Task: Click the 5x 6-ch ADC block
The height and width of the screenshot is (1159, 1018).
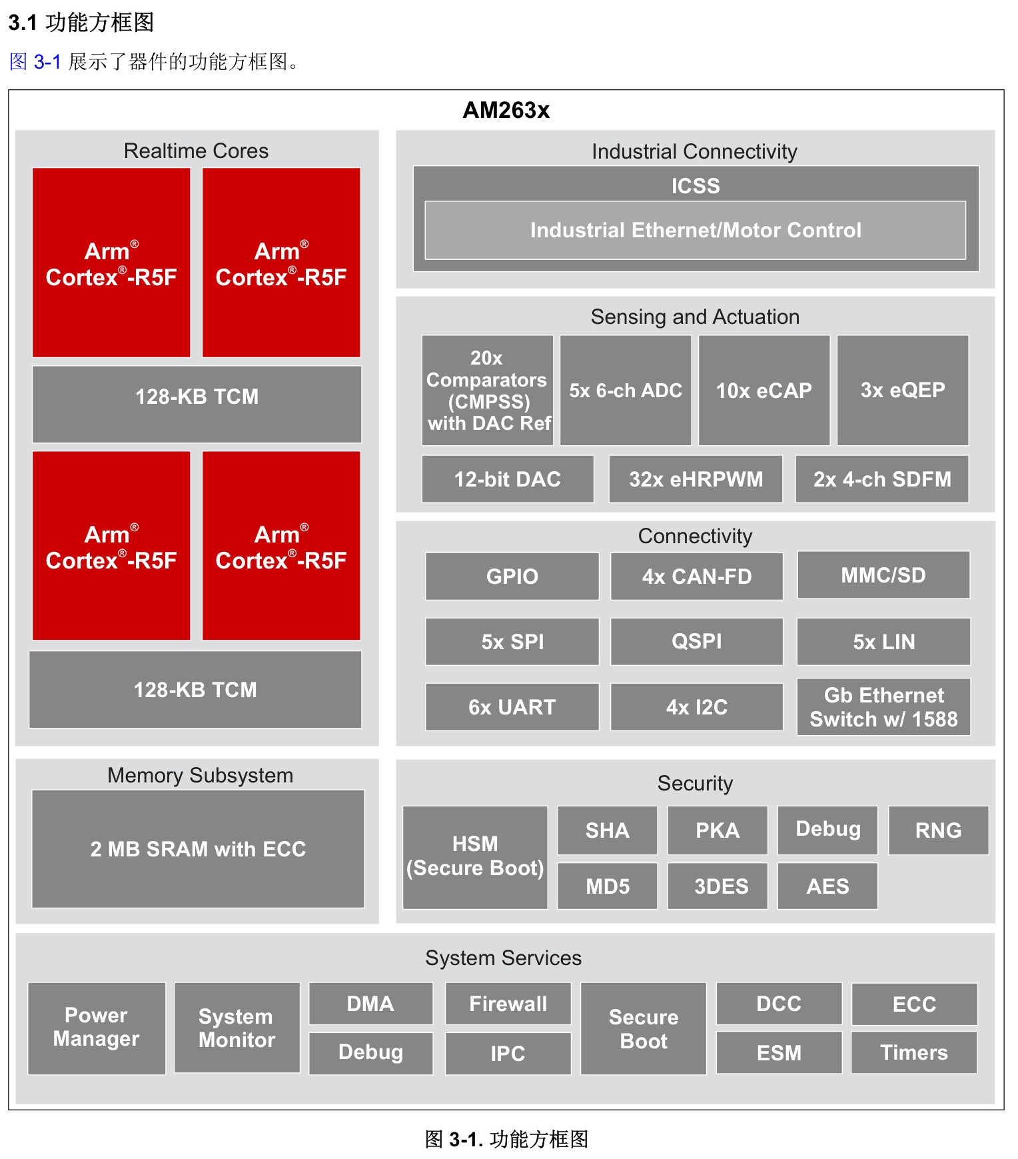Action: click(x=626, y=390)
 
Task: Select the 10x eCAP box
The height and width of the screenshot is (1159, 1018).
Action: click(x=764, y=390)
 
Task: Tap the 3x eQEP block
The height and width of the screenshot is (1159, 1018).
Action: click(x=903, y=390)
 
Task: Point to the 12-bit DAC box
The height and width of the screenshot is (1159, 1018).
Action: click(x=508, y=479)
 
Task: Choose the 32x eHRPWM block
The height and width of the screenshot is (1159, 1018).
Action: click(x=696, y=479)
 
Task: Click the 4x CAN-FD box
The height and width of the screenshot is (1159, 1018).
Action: click(x=697, y=576)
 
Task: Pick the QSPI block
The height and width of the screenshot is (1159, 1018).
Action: click(x=697, y=641)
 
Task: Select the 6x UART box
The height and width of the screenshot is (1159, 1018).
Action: click(x=512, y=706)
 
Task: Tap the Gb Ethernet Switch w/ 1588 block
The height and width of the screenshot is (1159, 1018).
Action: click(x=883, y=706)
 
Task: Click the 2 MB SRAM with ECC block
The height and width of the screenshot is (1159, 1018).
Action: click(x=198, y=848)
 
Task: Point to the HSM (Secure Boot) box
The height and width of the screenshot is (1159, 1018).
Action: click(x=475, y=857)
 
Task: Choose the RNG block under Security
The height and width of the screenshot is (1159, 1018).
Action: click(x=938, y=830)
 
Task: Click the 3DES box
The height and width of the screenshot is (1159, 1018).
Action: click(x=718, y=886)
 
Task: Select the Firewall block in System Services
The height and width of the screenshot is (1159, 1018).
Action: click(x=508, y=1004)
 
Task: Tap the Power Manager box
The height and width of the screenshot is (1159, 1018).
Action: click(x=97, y=1028)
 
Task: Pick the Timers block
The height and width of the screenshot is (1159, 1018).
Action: click(x=914, y=1052)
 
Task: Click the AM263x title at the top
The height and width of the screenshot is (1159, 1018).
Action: click(x=506, y=110)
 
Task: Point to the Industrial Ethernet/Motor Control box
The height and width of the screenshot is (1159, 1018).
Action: click(x=696, y=230)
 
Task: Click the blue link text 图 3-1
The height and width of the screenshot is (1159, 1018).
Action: click(x=35, y=62)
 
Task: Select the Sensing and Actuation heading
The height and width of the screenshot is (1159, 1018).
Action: click(x=695, y=317)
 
